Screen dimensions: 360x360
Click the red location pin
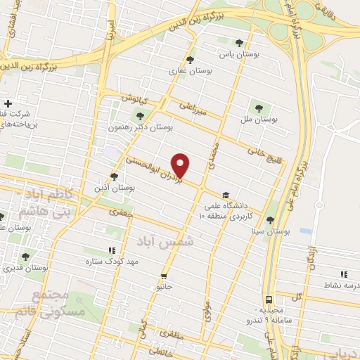pyautogui.click(x=181, y=165)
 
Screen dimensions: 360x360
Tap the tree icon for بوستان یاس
pyautogui.click(x=240, y=43)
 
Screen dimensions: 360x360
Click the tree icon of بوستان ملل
pyautogui.click(x=259, y=108)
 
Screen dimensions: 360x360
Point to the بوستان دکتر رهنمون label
pyautogui.click(x=140, y=127)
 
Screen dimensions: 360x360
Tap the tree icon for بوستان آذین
pyautogui.click(x=115, y=176)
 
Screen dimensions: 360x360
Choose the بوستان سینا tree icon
pyautogui.click(x=270, y=221)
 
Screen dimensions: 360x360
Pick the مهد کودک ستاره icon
pyautogui.click(x=111, y=250)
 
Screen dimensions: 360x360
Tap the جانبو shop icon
pyautogui.click(x=164, y=276)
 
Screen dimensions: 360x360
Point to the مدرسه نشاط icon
pyautogui.click(x=343, y=274)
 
